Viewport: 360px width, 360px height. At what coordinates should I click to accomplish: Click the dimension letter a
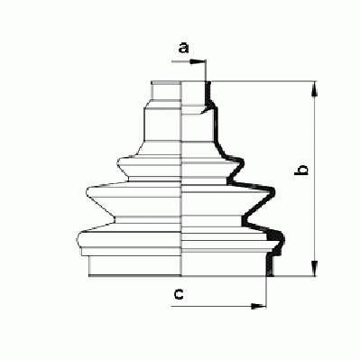(x=183, y=48)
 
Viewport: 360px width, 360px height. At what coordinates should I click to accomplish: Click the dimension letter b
(x=301, y=170)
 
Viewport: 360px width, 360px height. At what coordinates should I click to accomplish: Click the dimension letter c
(x=179, y=294)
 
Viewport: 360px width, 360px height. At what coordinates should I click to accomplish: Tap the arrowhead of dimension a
(x=198, y=62)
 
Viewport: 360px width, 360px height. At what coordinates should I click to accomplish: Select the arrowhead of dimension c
(x=258, y=307)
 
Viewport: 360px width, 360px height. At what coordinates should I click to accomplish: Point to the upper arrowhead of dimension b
(x=315, y=89)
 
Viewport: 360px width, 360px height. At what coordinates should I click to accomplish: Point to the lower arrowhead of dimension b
(x=315, y=268)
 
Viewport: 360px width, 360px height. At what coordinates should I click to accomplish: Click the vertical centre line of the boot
(x=182, y=179)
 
